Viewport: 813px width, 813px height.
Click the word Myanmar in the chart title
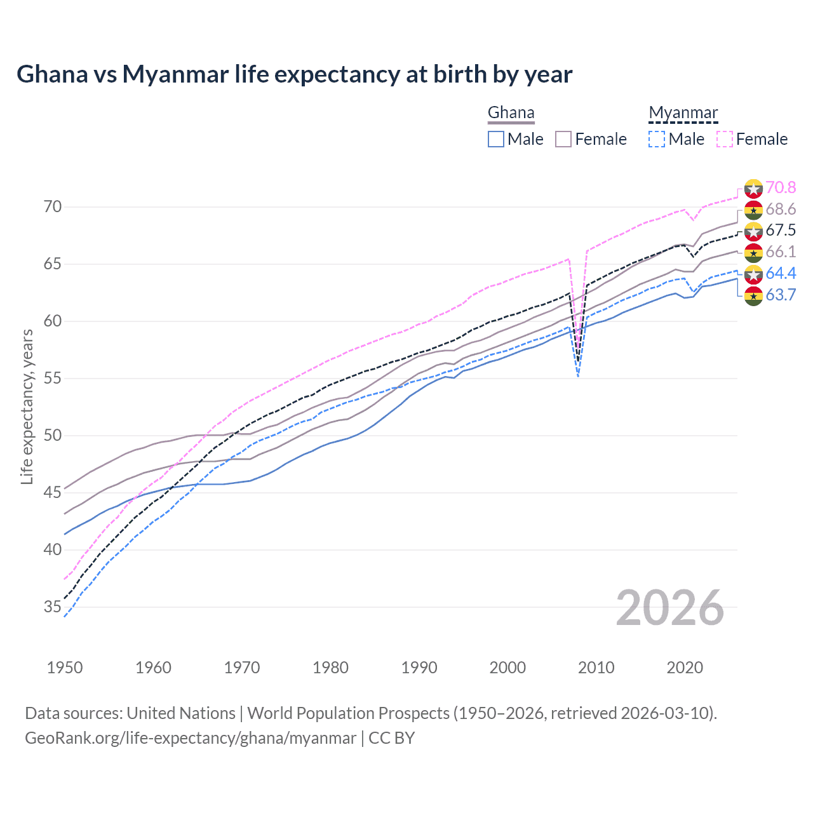click(175, 74)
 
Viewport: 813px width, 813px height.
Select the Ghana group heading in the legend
click(511, 113)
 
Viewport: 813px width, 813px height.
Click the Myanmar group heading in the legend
click(683, 113)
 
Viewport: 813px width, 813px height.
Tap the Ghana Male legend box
click(496, 139)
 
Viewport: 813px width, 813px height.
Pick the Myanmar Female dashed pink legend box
click(725, 139)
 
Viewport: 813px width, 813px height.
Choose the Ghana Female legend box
click(563, 139)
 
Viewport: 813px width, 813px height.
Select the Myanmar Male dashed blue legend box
click(657, 139)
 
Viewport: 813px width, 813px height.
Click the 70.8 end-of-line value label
click(781, 187)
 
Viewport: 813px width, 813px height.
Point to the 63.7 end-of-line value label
click(781, 295)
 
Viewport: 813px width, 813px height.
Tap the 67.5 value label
click(781, 230)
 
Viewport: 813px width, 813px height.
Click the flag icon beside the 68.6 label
click(753, 210)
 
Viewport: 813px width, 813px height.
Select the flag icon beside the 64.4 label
click(753, 274)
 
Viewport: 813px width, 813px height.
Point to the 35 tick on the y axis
click(53, 607)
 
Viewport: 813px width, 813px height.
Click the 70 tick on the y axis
click(53, 207)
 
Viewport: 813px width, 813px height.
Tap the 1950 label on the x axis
click(65, 668)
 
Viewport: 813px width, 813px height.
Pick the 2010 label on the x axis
click(596, 668)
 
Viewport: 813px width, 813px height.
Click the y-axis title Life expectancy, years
click(27, 406)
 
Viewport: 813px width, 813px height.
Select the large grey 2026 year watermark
click(670, 608)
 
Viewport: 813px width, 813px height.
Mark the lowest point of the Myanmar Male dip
click(577, 377)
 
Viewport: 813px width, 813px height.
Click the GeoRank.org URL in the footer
click(191, 738)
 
